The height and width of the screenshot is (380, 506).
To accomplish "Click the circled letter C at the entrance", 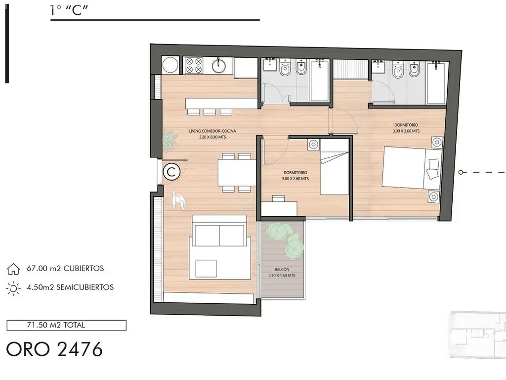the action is click(171, 172).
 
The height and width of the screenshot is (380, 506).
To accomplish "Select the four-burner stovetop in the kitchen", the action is click(194, 65).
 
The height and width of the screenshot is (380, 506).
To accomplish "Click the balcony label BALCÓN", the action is click(282, 269).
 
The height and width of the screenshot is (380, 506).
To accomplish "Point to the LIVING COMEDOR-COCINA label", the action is click(212, 131).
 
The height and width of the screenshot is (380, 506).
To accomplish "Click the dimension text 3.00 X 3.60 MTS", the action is click(406, 131).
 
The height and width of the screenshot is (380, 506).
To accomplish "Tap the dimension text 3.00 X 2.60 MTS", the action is click(295, 178).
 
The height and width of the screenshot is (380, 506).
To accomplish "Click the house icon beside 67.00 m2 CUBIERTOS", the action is click(13, 269).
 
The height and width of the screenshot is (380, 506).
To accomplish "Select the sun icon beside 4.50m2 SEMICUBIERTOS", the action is click(13, 288).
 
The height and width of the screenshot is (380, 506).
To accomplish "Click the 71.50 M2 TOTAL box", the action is click(67, 326).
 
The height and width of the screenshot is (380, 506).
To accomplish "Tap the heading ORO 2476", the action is click(54, 349).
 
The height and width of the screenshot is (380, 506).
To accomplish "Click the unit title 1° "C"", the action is click(69, 10).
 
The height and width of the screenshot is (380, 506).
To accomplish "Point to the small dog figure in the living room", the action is click(178, 200).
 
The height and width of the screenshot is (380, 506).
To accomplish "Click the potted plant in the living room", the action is click(169, 141).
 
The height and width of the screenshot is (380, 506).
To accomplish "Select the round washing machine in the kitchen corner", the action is click(170, 65).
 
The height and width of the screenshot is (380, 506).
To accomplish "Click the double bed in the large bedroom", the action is click(412, 168).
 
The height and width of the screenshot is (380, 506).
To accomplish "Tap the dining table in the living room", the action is click(237, 173).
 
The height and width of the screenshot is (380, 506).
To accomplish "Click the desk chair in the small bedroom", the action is click(278, 198).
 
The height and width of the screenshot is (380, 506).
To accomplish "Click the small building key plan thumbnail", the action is click(478, 335).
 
